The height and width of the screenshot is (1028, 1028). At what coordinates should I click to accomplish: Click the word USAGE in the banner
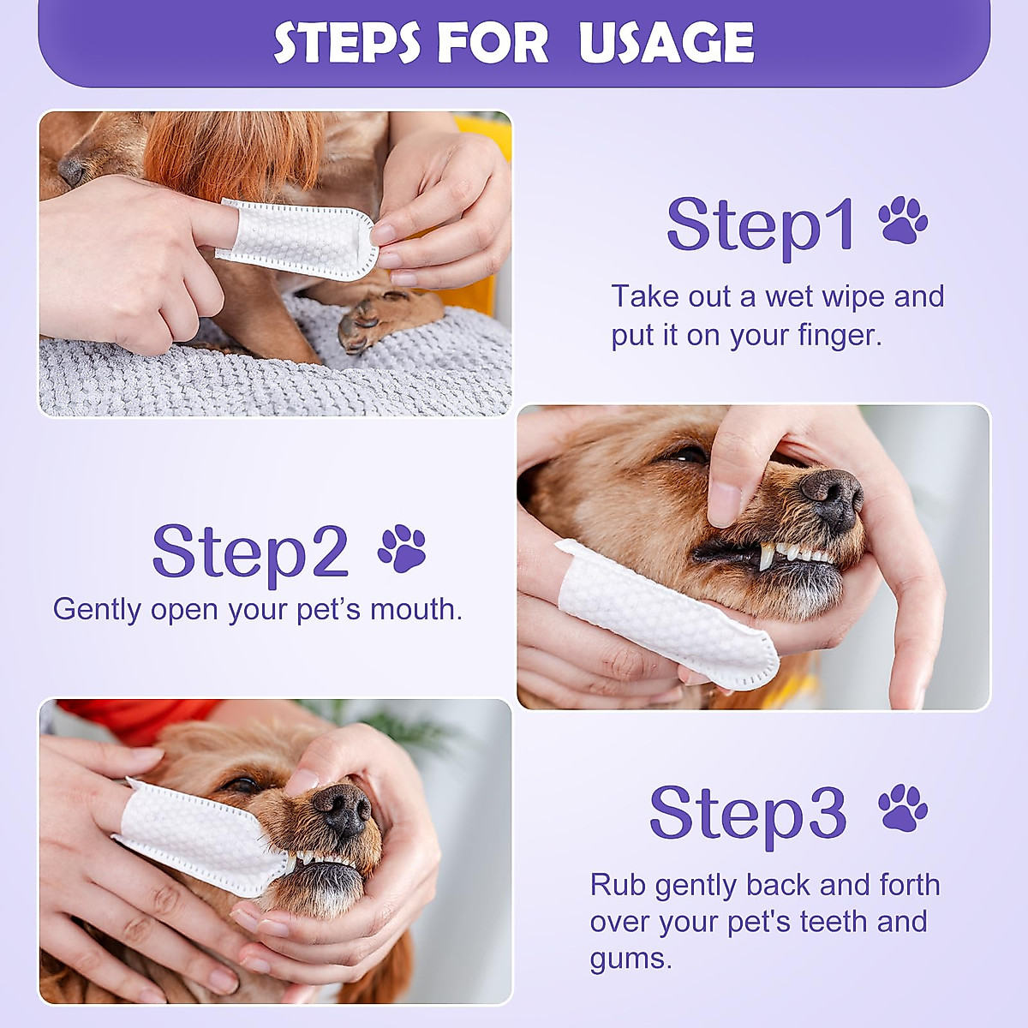click(x=666, y=42)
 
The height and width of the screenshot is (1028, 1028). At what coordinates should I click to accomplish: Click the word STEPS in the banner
click(x=347, y=42)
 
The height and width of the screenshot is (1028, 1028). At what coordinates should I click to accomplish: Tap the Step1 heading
click(x=761, y=224)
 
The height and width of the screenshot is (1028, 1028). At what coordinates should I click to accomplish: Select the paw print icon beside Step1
click(x=903, y=220)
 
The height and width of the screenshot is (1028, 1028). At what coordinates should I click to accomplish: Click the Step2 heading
click(x=250, y=551)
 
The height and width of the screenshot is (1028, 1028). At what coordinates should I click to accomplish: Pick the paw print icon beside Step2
click(x=402, y=548)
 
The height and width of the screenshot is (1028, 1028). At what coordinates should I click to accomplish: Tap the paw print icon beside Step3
click(x=903, y=808)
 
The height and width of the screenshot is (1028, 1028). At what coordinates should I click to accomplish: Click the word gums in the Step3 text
click(x=630, y=958)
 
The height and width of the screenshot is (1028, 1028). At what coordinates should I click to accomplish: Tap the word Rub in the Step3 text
click(x=617, y=884)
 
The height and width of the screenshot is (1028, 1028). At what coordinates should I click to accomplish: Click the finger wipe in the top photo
click(x=298, y=240)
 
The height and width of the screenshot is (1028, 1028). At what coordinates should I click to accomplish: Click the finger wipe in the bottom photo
click(x=201, y=835)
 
